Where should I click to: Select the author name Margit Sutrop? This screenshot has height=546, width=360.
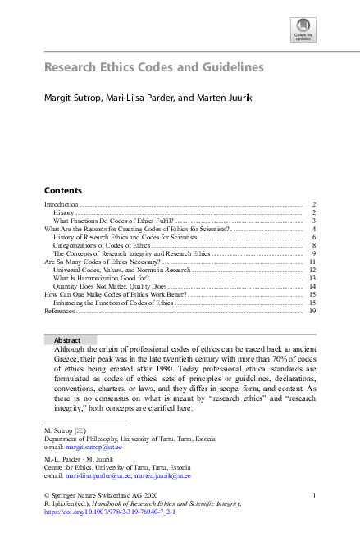point(71,98)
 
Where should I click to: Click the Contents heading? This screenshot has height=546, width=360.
point(62,188)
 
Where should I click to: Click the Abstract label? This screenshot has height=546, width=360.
point(67,339)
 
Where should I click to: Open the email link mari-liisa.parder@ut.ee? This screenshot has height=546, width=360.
point(101,475)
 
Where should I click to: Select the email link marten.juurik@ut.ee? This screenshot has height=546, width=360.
point(164,475)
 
